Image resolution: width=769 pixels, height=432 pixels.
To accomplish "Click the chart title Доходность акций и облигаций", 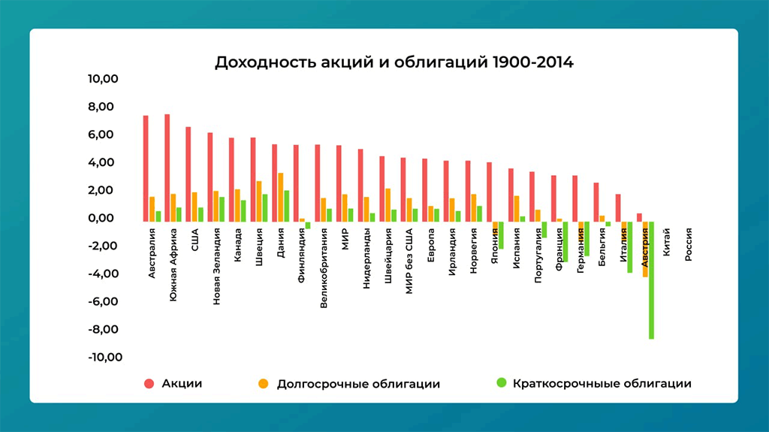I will (x=394, y=62).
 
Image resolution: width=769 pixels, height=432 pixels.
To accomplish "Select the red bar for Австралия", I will (x=146, y=168).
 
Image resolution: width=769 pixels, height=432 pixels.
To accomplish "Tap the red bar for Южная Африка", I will (x=167, y=168).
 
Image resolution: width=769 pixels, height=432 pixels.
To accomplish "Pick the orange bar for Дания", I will (x=280, y=197).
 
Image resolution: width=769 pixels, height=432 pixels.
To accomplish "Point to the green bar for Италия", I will (x=630, y=247).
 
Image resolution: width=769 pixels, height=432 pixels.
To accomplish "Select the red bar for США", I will (x=188, y=174).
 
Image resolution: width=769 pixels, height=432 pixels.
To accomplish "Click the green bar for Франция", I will (x=565, y=241).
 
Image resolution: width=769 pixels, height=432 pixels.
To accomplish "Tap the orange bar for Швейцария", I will (x=388, y=204).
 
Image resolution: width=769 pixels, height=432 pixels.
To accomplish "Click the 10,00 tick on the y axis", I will (x=105, y=79).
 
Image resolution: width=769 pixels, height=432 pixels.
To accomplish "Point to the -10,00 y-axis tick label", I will (x=104, y=357).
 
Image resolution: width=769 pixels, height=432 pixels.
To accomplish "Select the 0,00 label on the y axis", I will (x=107, y=218).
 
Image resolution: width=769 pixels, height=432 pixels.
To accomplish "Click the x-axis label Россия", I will (x=688, y=245).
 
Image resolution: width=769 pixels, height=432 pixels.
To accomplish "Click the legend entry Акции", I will (x=182, y=383).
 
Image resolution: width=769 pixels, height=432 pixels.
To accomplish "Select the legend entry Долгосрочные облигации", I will (x=358, y=383).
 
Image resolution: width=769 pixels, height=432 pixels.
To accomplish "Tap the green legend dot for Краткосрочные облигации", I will (x=501, y=383).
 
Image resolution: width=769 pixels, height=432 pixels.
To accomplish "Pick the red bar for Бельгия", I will (x=596, y=202).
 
